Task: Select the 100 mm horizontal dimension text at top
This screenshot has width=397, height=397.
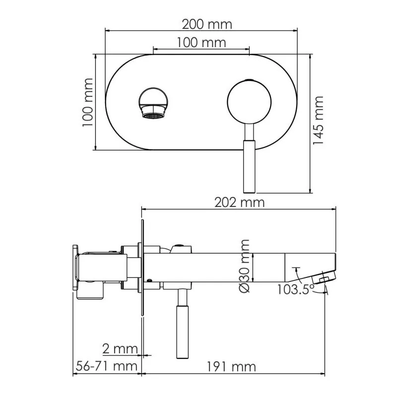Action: click(x=201, y=42)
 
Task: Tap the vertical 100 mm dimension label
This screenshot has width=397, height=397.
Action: click(x=88, y=102)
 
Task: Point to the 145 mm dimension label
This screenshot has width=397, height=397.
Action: click(x=318, y=121)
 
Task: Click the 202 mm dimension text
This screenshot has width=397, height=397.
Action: click(x=239, y=202)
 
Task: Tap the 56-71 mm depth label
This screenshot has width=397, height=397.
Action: click(x=106, y=367)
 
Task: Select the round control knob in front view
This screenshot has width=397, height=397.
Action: click(x=249, y=102)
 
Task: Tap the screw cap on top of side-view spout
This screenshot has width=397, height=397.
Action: click(x=179, y=247)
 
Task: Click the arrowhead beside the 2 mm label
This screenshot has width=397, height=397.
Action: click(x=145, y=355)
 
